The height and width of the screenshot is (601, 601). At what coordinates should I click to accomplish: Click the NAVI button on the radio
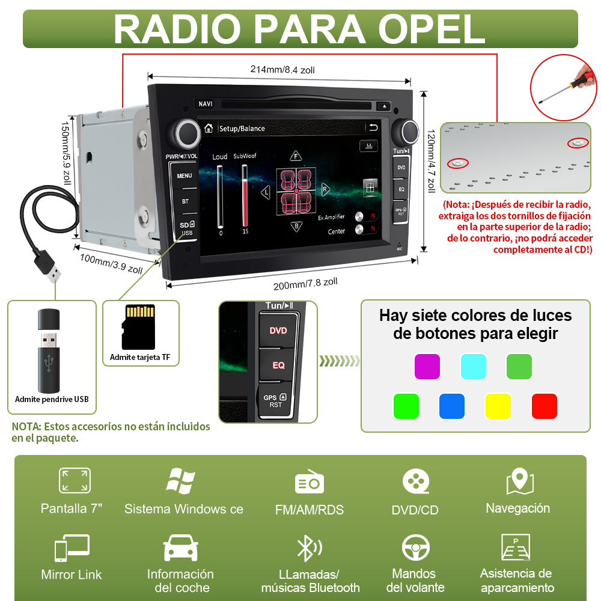(206, 104)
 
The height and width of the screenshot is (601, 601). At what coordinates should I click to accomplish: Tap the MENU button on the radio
(185, 175)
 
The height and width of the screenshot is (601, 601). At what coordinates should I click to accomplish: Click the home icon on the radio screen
(209, 128)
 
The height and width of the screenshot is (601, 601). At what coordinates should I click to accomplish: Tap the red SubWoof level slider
(245, 195)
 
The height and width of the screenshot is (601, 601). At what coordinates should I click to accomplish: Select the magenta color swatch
(427, 367)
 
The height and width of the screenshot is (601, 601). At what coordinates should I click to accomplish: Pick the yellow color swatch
(498, 406)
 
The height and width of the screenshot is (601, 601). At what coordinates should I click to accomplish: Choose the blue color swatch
(451, 406)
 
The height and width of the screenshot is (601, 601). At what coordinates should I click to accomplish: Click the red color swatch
(545, 406)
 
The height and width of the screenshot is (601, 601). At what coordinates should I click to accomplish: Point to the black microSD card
(138, 327)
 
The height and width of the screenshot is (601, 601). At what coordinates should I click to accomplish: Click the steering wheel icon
(415, 548)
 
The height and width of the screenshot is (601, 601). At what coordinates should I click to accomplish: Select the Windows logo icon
(180, 481)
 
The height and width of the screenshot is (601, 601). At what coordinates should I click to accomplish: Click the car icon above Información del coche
(180, 548)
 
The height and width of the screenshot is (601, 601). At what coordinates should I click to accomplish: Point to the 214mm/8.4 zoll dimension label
(282, 70)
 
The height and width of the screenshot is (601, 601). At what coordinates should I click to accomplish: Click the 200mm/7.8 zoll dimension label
(305, 284)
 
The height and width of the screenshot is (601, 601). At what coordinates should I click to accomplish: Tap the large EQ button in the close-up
(278, 365)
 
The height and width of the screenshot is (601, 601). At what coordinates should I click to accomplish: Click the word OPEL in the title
(432, 29)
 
